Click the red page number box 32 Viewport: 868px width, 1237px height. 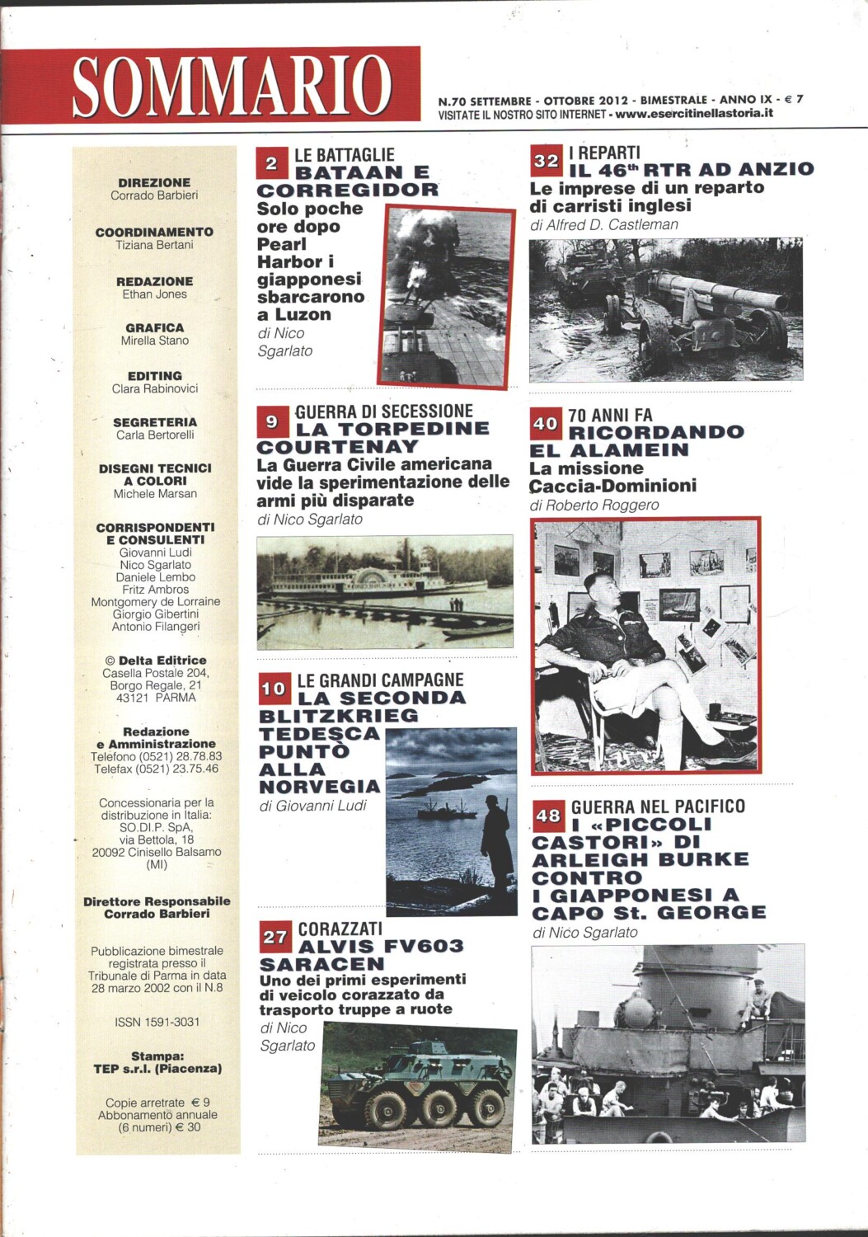[546, 160]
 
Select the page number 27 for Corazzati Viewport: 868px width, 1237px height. [275, 938]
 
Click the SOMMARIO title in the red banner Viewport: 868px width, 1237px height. [232, 86]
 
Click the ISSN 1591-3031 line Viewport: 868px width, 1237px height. [157, 1022]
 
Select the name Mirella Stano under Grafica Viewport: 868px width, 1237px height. [155, 341]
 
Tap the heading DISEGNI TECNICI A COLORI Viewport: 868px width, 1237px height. [155, 474]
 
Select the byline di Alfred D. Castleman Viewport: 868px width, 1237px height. [603, 224]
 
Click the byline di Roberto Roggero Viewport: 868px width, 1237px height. [594, 505]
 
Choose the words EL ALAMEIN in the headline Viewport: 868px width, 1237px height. [609, 449]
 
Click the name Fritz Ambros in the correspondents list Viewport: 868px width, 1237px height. [155, 590]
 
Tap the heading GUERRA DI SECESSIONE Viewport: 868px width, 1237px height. [383, 411]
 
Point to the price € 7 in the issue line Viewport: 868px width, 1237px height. [793, 99]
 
